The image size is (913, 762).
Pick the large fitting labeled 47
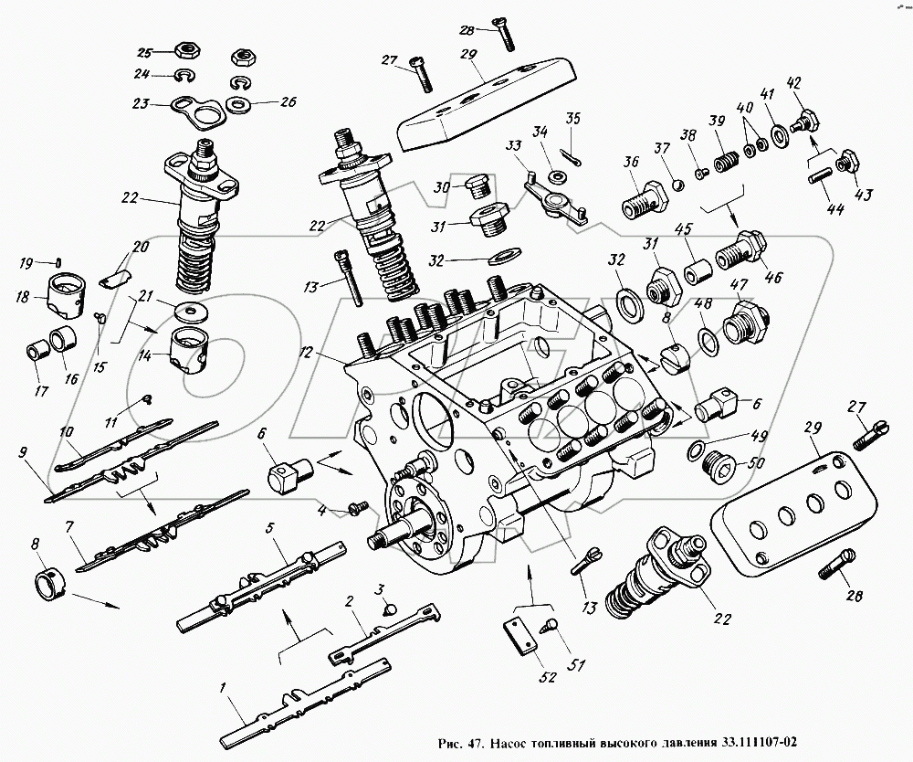click(x=745, y=320)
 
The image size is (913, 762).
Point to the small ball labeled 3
click(x=389, y=608)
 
